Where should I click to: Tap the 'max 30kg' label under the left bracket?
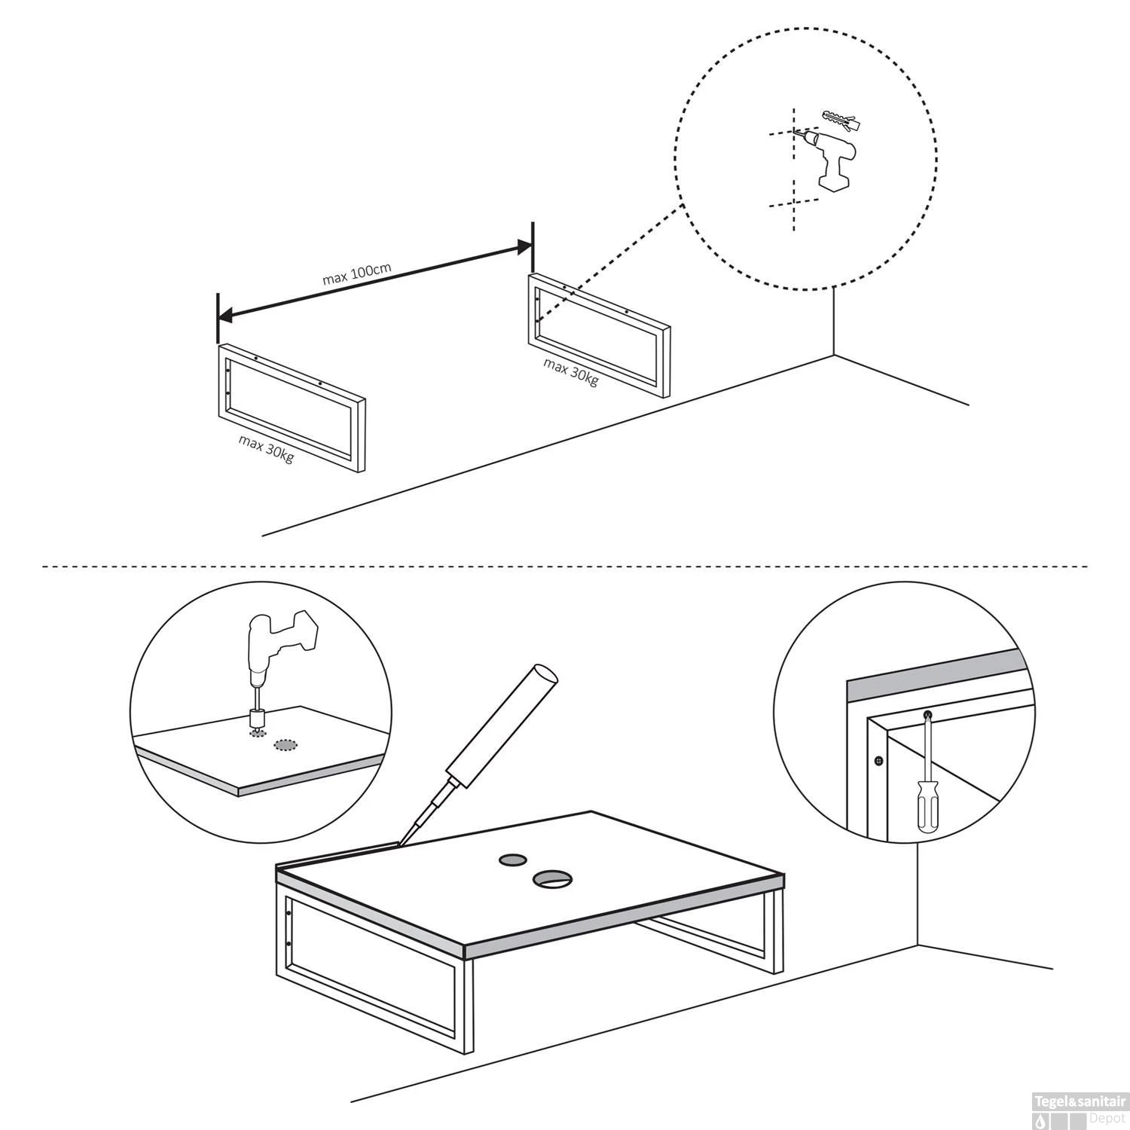pos(266,450)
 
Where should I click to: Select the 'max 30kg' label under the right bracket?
pos(571,371)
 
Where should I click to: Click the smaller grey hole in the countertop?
pos(512,860)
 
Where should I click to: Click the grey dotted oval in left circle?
pos(285,745)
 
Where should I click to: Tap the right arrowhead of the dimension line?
pos(524,246)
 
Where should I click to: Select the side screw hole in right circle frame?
pos(877,761)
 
